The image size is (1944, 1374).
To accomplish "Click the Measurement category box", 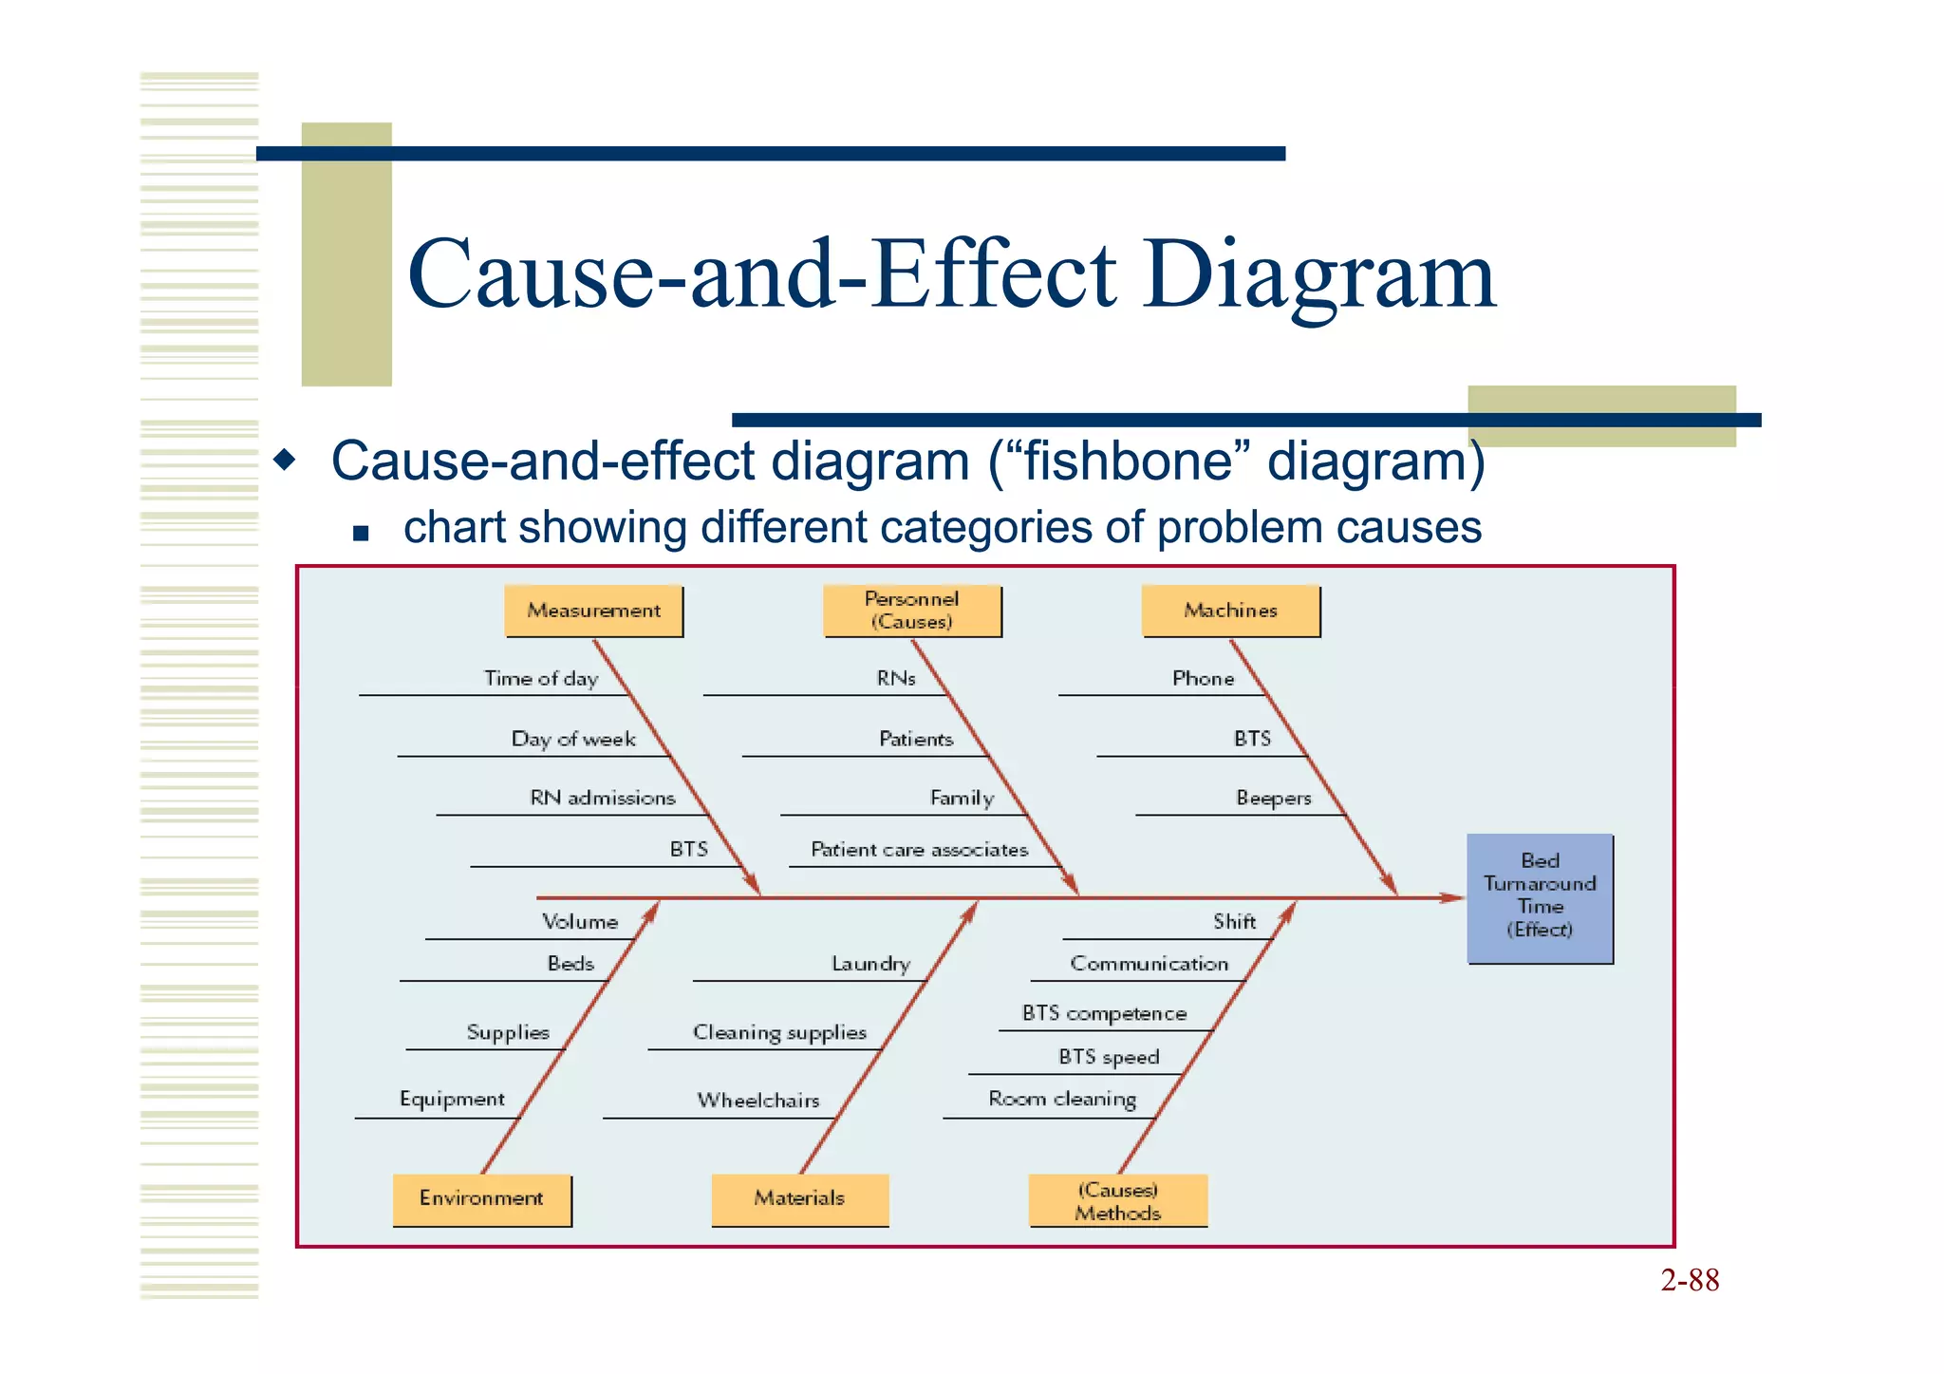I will [593, 611].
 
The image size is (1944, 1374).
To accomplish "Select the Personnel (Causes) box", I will [912, 611].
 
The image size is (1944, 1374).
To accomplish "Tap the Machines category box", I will [1230, 611].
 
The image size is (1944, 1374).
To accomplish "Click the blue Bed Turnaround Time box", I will [1540, 897].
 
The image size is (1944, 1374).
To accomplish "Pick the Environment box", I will [481, 1199].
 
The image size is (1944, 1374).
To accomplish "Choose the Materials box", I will [799, 1199].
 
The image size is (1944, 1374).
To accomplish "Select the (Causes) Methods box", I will [1118, 1201].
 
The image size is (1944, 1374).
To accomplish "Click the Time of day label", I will [541, 679].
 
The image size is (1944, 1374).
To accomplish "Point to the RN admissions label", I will [603, 799].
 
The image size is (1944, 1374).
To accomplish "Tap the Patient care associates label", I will [919, 850].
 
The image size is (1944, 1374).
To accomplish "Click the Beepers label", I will [1273, 799].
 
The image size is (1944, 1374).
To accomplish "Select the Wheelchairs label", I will [757, 1101].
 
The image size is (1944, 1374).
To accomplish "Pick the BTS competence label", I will [1104, 1014].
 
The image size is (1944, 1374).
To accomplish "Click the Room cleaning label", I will [1062, 1100].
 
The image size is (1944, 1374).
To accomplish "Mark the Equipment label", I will [452, 1100].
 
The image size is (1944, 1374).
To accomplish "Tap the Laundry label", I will [870, 965].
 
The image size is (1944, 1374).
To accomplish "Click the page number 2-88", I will [1690, 1281].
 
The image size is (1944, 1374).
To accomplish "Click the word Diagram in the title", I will [1319, 275].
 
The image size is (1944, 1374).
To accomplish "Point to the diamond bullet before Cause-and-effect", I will [284, 461].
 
